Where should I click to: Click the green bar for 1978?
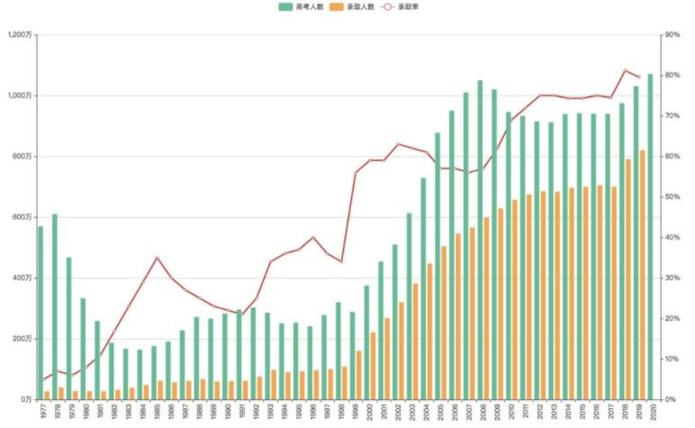(55, 306)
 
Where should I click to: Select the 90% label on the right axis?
(671, 35)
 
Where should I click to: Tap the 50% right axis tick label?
(671, 197)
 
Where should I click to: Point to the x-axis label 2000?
(371, 414)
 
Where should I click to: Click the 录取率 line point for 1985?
(158, 258)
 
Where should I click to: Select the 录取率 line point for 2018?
(625, 70)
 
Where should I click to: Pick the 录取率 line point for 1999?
(356, 172)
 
